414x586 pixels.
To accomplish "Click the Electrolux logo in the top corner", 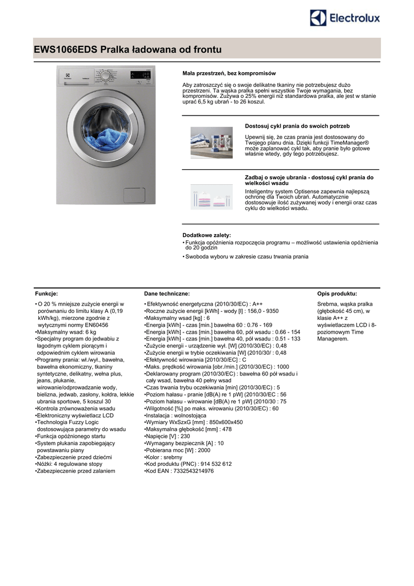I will [x=344, y=18].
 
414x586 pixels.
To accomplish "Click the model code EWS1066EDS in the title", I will [x=65, y=50].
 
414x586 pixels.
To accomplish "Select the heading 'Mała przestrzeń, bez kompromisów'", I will [x=229, y=73].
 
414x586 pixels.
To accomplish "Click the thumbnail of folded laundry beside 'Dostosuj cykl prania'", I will [x=211, y=142].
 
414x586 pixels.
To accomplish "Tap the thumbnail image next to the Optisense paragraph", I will [x=211, y=197].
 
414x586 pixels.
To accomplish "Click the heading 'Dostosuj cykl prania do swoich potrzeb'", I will [x=297, y=126].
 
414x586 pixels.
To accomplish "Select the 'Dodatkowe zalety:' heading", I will [x=206, y=235].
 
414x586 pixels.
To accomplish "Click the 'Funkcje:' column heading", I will [x=46, y=293].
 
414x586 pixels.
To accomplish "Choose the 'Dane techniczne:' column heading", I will [x=167, y=293].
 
